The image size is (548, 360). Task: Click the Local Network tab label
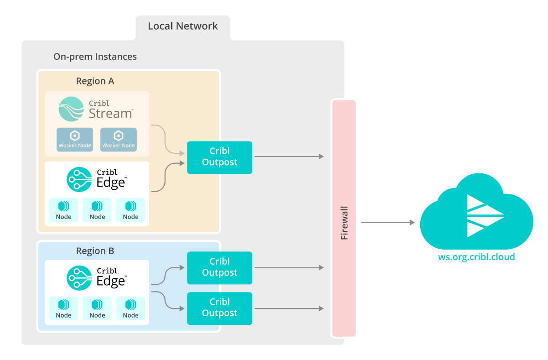[183, 26]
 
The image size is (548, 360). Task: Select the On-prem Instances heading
[95, 57]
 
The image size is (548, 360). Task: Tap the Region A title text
[95, 81]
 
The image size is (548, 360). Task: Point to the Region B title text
[95, 251]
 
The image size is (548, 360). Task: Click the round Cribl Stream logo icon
[72, 109]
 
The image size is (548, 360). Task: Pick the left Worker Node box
[74, 139]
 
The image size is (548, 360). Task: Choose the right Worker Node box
[118, 139]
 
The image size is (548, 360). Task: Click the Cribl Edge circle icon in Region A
[79, 179]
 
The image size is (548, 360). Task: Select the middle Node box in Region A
[97, 210]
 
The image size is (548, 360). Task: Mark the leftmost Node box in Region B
[63, 308]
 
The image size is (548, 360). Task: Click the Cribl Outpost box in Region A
[219, 157]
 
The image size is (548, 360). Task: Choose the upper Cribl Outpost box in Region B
[219, 267]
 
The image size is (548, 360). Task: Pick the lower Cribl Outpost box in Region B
[219, 308]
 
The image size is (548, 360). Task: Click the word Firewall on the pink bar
[344, 223]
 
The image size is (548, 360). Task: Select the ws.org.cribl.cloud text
[476, 257]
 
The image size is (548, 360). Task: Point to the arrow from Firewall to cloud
[387, 223]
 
